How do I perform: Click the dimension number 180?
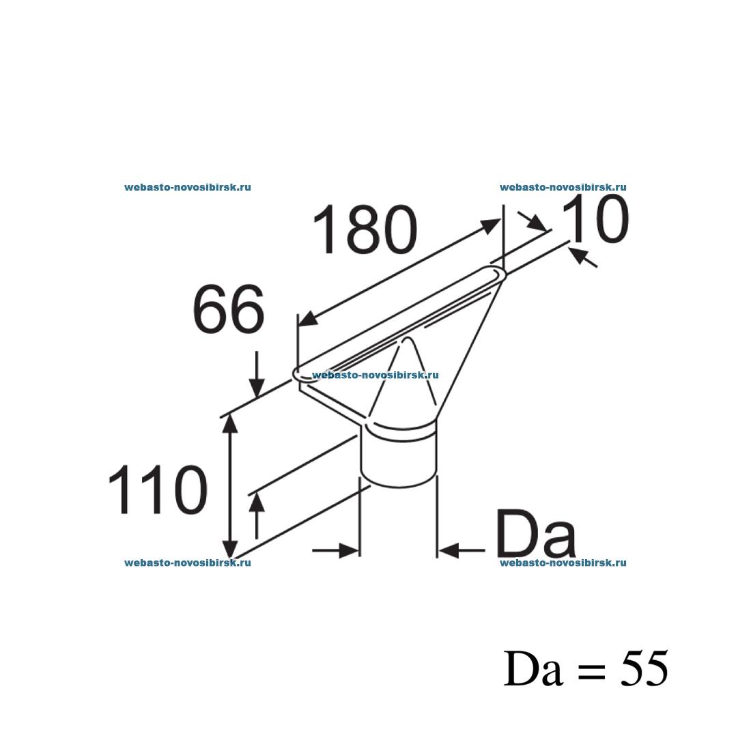pyautogui.click(x=365, y=230)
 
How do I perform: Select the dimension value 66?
pyautogui.click(x=228, y=311)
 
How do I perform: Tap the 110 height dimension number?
pyautogui.click(x=158, y=490)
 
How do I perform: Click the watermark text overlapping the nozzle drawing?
pyautogui.click(x=375, y=375)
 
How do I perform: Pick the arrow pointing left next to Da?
pyautogui.click(x=451, y=550)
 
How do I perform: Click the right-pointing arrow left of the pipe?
pyautogui.click(x=348, y=550)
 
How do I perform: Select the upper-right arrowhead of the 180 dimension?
pyautogui.click(x=491, y=225)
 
